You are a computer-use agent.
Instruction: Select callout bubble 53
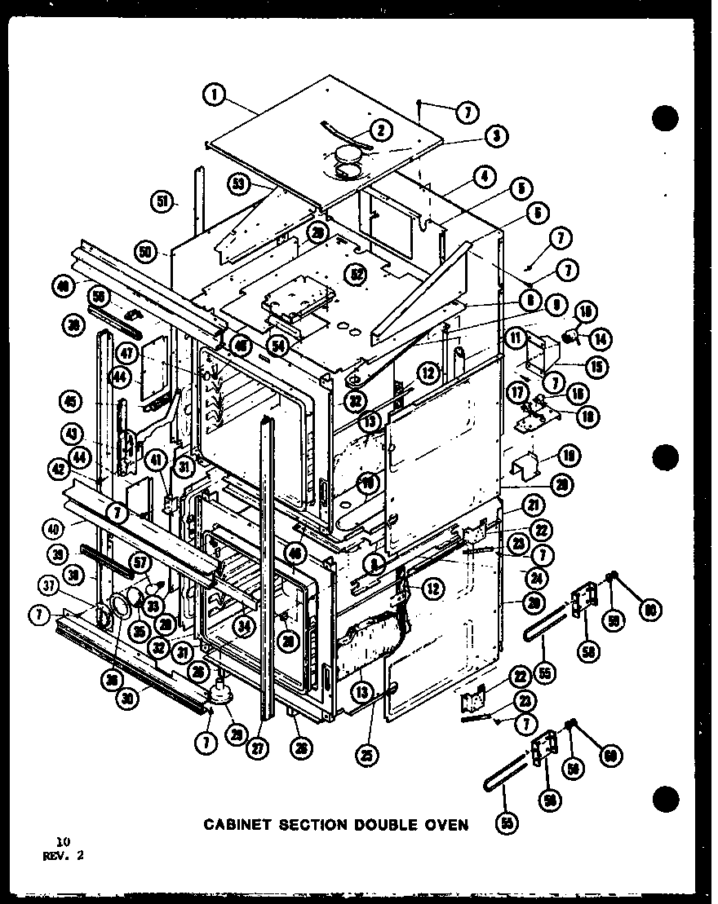coord(238,184)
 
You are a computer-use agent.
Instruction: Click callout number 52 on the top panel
coord(355,274)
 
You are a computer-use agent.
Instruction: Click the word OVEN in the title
coord(445,825)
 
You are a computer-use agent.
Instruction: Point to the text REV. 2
coord(63,855)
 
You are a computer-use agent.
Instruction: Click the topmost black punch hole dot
coord(665,118)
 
